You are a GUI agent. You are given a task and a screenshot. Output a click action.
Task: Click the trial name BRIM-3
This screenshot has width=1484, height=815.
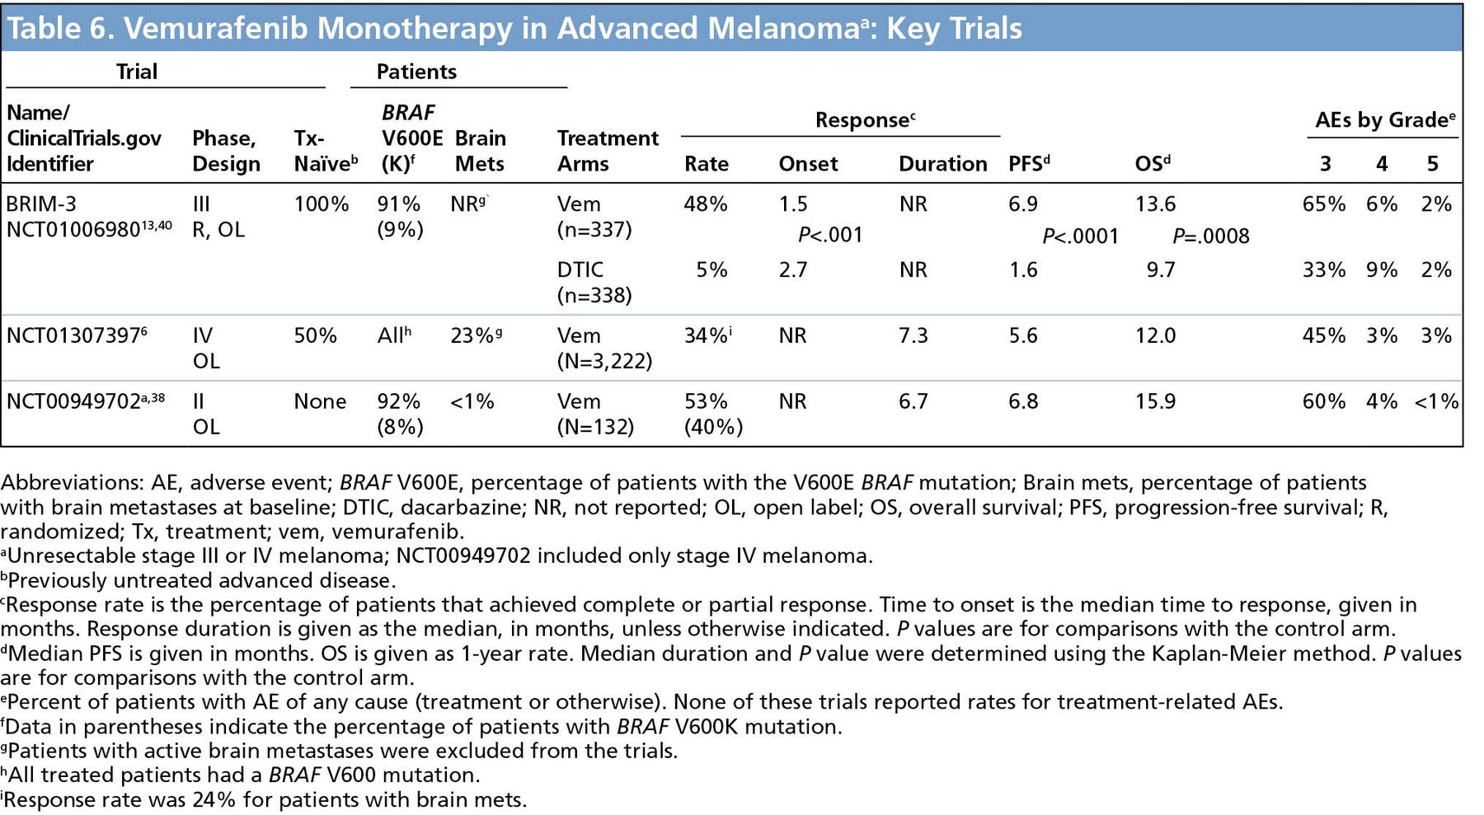pyautogui.click(x=42, y=204)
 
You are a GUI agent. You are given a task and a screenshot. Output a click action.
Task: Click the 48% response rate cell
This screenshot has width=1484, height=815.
pyautogui.click(x=705, y=204)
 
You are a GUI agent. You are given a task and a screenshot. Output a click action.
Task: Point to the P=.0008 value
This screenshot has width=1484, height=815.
pyautogui.click(x=1210, y=237)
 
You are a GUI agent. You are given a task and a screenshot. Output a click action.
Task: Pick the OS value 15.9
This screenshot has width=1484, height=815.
pyautogui.click(x=1155, y=401)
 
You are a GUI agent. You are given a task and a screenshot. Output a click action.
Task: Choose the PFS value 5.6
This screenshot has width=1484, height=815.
pyautogui.click(x=1023, y=335)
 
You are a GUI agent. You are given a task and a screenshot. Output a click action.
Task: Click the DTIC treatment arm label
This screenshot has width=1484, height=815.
pyautogui.click(x=580, y=269)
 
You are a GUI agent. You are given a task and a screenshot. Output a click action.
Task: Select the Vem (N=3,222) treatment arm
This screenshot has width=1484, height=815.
pyautogui.click(x=604, y=348)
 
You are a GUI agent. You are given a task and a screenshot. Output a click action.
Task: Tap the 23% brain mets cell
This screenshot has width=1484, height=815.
pyautogui.click(x=473, y=335)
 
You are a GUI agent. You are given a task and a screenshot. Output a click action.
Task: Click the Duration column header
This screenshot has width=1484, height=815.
pyautogui.click(x=942, y=163)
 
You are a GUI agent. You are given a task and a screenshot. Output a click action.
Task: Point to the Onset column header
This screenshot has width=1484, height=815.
pyautogui.click(x=808, y=163)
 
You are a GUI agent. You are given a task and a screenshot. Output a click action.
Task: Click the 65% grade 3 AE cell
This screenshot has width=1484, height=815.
pyautogui.click(x=1323, y=204)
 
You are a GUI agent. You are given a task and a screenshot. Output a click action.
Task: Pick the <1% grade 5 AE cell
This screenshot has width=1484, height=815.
pyautogui.click(x=1436, y=401)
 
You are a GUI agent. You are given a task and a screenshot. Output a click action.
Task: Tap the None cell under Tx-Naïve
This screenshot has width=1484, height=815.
pyautogui.click(x=320, y=401)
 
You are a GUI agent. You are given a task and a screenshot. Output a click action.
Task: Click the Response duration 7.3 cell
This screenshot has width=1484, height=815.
pyautogui.click(x=913, y=335)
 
